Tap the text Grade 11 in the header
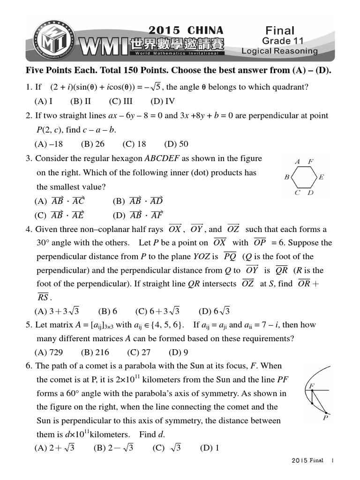click(x=279, y=41)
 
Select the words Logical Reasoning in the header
click(x=279, y=51)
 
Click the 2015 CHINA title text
click(x=186, y=30)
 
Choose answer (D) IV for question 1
click(x=163, y=101)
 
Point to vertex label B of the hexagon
click(x=287, y=177)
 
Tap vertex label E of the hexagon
click(x=321, y=177)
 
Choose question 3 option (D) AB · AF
click(x=138, y=216)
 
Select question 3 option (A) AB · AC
click(x=60, y=202)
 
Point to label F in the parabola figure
click(x=310, y=386)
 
